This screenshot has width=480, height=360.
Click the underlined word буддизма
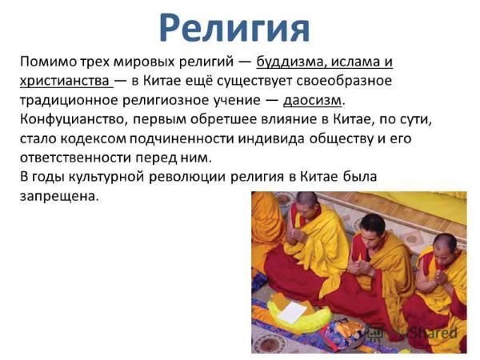[291, 62]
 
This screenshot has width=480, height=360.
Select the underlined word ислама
[355, 62]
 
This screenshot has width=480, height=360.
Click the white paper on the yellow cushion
[292, 311]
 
